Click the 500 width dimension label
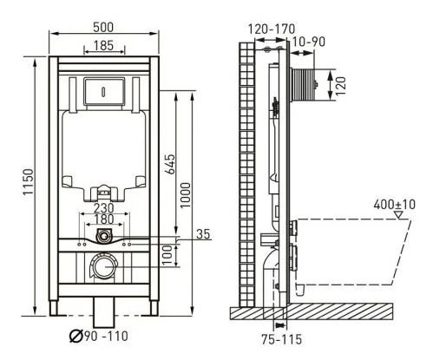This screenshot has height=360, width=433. click(x=103, y=27)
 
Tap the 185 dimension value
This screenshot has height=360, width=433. click(x=104, y=45)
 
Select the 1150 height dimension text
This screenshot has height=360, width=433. click(x=29, y=182)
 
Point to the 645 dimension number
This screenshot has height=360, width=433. click(x=170, y=164)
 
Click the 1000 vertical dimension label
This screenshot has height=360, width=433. click(x=186, y=195)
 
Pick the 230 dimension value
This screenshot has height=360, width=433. click(x=104, y=208)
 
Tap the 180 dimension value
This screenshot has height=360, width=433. click(x=104, y=219)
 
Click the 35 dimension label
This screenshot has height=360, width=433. click(x=203, y=234)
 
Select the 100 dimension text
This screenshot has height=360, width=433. click(x=167, y=255)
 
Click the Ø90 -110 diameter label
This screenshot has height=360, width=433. click(x=99, y=336)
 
